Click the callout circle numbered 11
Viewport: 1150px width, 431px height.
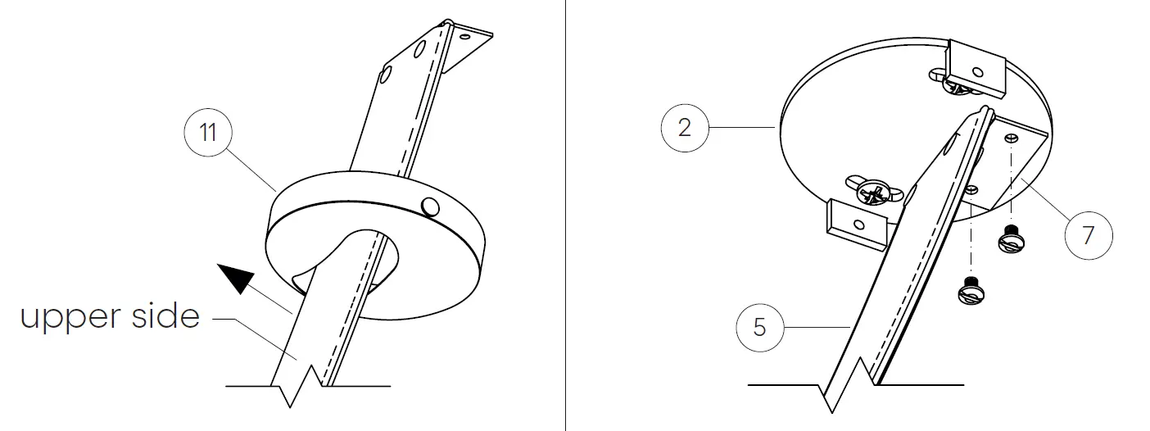[x=208, y=133]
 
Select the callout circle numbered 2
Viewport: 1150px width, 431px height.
[x=685, y=127]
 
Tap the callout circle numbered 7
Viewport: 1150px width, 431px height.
[x=1089, y=235]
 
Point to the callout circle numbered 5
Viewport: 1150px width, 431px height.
[x=760, y=327]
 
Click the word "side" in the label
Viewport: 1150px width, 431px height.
[x=165, y=315]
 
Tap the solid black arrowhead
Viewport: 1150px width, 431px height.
[x=235, y=278]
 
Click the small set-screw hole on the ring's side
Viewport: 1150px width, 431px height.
[x=430, y=206]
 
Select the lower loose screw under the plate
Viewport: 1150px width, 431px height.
[x=971, y=290]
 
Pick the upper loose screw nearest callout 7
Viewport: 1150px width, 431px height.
[x=1011, y=238]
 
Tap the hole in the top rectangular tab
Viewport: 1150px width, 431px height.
[x=977, y=72]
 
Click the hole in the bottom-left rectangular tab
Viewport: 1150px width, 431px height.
[x=858, y=225]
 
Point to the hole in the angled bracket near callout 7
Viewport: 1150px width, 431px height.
[x=1011, y=138]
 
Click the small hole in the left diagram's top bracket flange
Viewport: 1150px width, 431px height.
[x=464, y=37]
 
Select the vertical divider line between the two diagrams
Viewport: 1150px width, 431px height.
[x=566, y=215]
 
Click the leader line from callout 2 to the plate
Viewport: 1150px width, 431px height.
[x=742, y=127]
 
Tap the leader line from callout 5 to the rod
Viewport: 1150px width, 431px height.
[x=817, y=327]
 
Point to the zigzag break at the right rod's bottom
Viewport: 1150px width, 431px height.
[x=849, y=386]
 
